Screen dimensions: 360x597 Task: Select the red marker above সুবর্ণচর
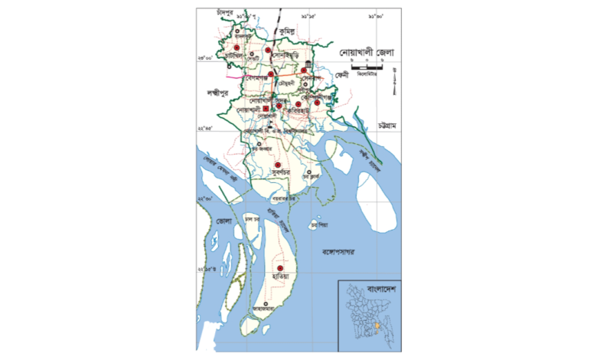coord(278,165)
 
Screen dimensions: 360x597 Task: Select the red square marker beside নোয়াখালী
coord(266,110)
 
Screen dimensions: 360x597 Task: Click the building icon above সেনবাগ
coord(308,64)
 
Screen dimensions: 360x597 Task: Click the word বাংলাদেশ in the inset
coord(384,289)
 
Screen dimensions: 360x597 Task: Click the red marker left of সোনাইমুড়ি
coord(269,51)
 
